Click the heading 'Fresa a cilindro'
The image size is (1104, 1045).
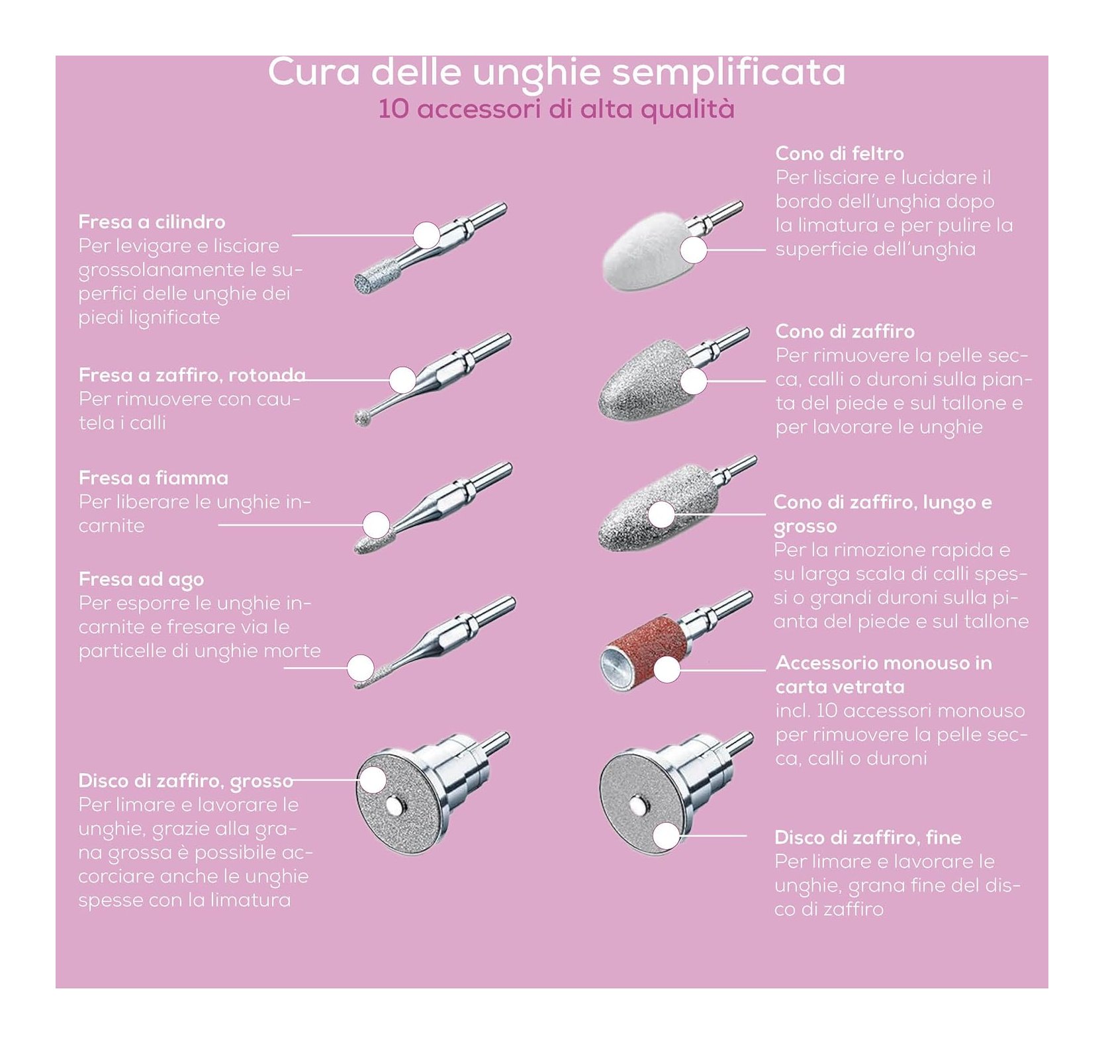(152, 222)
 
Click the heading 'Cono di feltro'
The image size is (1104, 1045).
(839, 154)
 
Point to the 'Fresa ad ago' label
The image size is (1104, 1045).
(141, 580)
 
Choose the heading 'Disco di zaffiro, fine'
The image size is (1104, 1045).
(868, 838)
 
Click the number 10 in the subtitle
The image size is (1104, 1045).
(393, 109)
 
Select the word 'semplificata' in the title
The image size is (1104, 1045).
(728, 73)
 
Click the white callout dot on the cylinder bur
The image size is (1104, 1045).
(427, 235)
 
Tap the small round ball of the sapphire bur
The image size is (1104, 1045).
(362, 418)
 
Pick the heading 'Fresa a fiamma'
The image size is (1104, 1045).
(153, 478)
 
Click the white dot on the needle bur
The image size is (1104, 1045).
(361, 668)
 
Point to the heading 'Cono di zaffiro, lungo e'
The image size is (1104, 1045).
(882, 502)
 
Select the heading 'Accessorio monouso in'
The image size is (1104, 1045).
(884, 663)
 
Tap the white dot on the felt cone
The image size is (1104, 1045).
(694, 250)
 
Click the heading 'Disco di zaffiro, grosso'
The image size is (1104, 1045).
(185, 782)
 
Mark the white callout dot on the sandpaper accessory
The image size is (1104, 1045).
(667, 670)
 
